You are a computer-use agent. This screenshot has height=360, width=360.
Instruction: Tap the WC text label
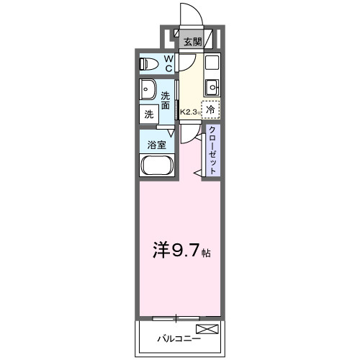click(x=168, y=63)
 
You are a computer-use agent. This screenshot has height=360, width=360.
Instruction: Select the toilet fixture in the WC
click(x=149, y=64)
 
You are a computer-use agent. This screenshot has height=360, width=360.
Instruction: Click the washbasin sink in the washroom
click(x=149, y=91)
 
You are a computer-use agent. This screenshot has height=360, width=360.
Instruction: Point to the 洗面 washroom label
click(x=166, y=100)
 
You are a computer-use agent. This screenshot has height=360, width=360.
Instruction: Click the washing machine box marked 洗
click(x=149, y=113)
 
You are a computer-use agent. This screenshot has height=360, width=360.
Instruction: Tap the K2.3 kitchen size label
click(x=189, y=112)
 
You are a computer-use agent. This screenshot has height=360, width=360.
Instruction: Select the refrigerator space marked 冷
click(x=210, y=109)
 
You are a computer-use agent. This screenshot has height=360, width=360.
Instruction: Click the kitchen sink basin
click(x=212, y=88)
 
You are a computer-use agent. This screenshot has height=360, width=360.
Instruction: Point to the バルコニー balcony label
click(x=176, y=337)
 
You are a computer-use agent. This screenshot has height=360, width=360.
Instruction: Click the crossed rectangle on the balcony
click(x=207, y=330)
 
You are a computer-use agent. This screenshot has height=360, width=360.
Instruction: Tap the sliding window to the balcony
click(x=177, y=317)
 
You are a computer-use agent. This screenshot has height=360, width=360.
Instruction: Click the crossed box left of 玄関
click(x=174, y=32)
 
